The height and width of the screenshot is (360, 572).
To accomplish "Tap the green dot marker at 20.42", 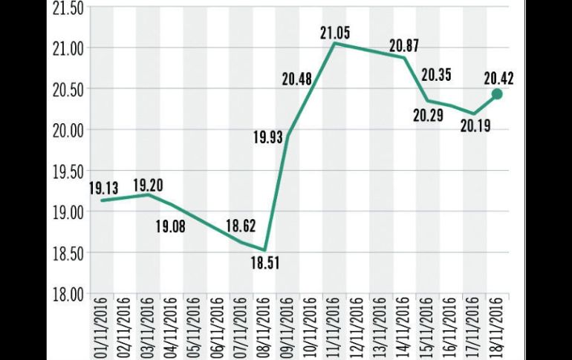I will tap(497, 94).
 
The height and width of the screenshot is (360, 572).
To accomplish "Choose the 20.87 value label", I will tap(404, 45).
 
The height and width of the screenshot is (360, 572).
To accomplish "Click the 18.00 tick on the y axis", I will tap(65, 294).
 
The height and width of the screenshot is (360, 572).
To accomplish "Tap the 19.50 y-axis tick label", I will tap(65, 171).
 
